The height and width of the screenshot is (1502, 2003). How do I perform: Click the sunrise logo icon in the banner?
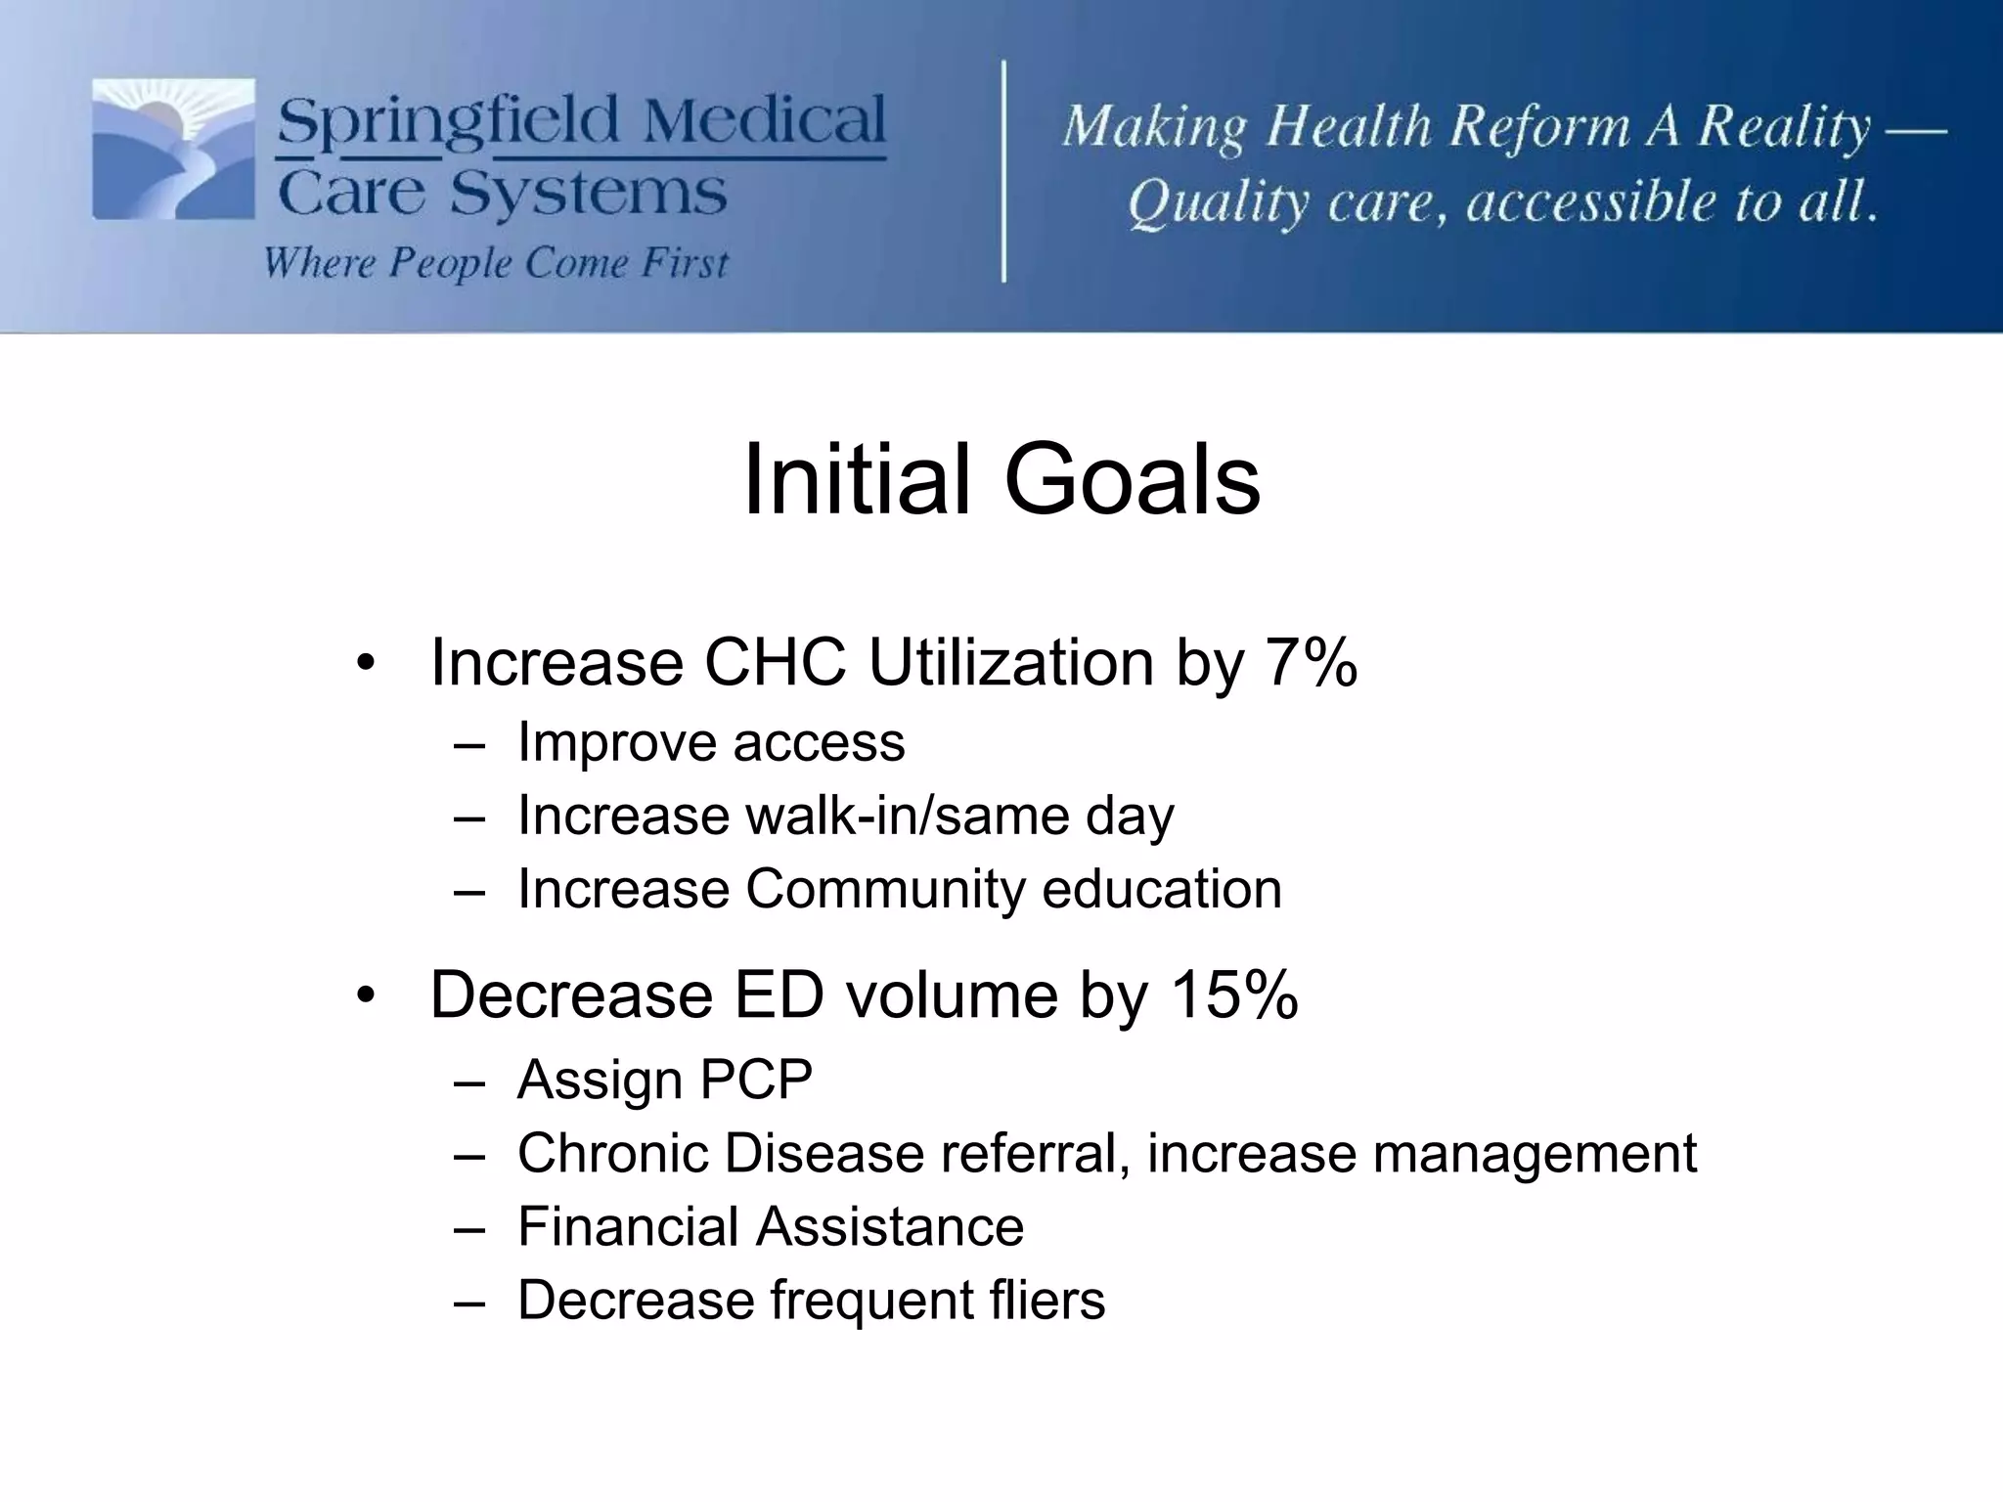tap(173, 149)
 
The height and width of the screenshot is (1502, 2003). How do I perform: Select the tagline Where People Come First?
tap(496, 263)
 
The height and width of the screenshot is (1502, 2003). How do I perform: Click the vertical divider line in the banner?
tap(1004, 171)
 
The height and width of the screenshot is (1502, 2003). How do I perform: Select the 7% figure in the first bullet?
tap(1311, 663)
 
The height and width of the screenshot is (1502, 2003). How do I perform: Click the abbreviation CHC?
tap(775, 663)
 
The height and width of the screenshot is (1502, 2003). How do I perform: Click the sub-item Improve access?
tap(711, 742)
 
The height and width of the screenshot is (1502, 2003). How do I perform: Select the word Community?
tap(884, 889)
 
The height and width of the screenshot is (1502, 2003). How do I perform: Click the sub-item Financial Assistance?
tap(770, 1226)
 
